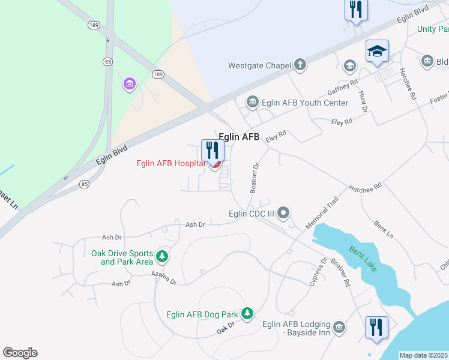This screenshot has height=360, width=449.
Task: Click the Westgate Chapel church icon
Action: [x=300, y=65]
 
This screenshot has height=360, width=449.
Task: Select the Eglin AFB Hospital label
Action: [x=171, y=163]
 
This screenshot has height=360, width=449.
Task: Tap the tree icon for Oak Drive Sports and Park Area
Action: [x=161, y=257]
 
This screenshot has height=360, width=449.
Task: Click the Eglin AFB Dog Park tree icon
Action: [x=247, y=313]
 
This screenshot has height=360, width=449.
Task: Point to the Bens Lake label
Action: [x=364, y=259]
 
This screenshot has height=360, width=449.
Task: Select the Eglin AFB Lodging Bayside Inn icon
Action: [x=339, y=327]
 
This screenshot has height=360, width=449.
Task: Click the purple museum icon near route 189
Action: [x=130, y=84]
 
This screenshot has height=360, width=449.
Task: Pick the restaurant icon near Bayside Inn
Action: [x=376, y=327]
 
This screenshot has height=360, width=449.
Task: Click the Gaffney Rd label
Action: [x=342, y=87]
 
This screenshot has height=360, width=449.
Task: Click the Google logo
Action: [x=20, y=353]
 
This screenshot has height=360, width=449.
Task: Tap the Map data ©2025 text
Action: [x=424, y=355]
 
